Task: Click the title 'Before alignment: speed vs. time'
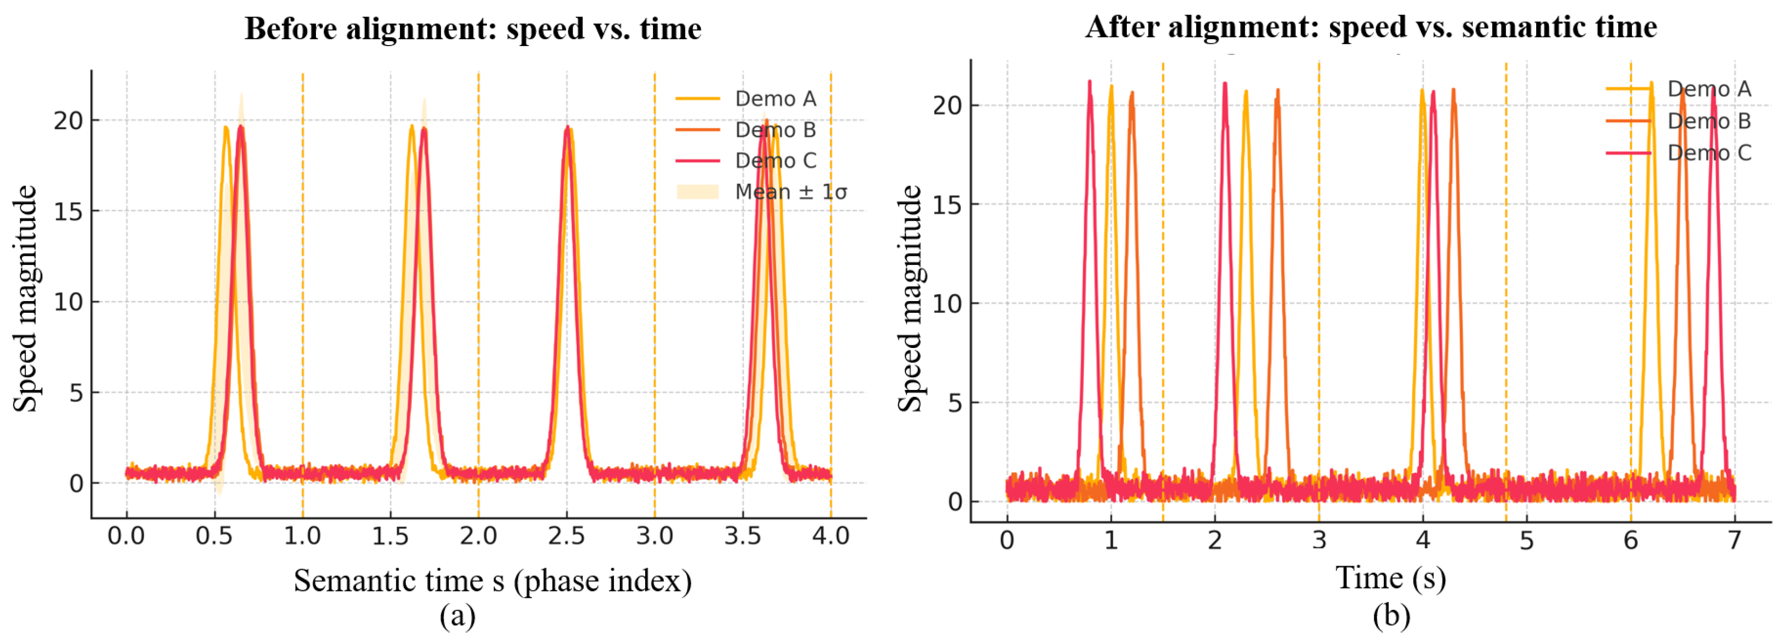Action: tap(473, 29)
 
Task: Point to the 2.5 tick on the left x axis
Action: tap(566, 535)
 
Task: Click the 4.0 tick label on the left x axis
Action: tap(830, 535)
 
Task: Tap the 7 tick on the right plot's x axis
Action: tap(1734, 540)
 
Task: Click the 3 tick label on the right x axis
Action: tap(1319, 540)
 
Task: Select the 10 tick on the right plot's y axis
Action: tap(947, 304)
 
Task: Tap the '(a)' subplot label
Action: tap(457, 615)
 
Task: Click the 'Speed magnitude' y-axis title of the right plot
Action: tap(910, 299)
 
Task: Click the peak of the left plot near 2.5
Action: tap(567, 128)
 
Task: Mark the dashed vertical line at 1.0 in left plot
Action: tap(302, 276)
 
